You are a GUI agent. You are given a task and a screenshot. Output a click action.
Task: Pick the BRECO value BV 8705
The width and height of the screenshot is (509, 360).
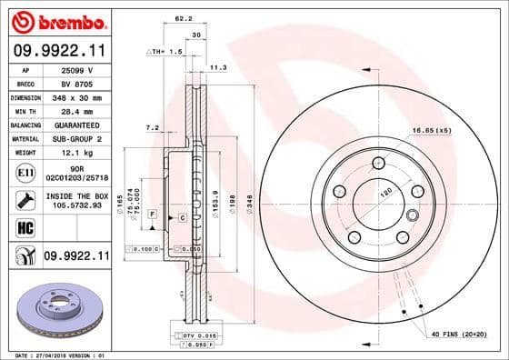tap(77, 82)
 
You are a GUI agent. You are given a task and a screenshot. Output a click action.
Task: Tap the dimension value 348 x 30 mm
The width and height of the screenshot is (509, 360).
tap(77, 95)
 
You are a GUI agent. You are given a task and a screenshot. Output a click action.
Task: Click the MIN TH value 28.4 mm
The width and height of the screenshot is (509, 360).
tap(78, 110)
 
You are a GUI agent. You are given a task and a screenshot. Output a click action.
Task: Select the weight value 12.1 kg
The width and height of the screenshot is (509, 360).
tap(76, 153)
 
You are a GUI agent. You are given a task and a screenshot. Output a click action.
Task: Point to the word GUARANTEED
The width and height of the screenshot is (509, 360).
tap(77, 125)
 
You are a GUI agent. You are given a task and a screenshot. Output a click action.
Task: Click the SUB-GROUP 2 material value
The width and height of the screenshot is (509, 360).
tap(77, 138)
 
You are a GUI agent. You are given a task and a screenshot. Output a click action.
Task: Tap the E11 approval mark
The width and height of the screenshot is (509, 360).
tap(25, 172)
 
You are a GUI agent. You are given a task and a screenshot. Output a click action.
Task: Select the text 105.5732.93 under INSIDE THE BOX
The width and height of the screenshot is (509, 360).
tap(77, 205)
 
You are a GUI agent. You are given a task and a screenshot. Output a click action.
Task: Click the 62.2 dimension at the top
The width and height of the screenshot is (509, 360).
tap(182, 18)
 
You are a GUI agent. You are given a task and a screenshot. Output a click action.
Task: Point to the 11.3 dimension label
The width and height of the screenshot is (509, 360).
tap(218, 67)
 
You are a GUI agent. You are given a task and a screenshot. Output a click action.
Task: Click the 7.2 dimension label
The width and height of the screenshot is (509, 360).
tap(152, 127)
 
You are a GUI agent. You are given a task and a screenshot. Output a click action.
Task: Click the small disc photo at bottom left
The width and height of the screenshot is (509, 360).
tap(56, 307)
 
